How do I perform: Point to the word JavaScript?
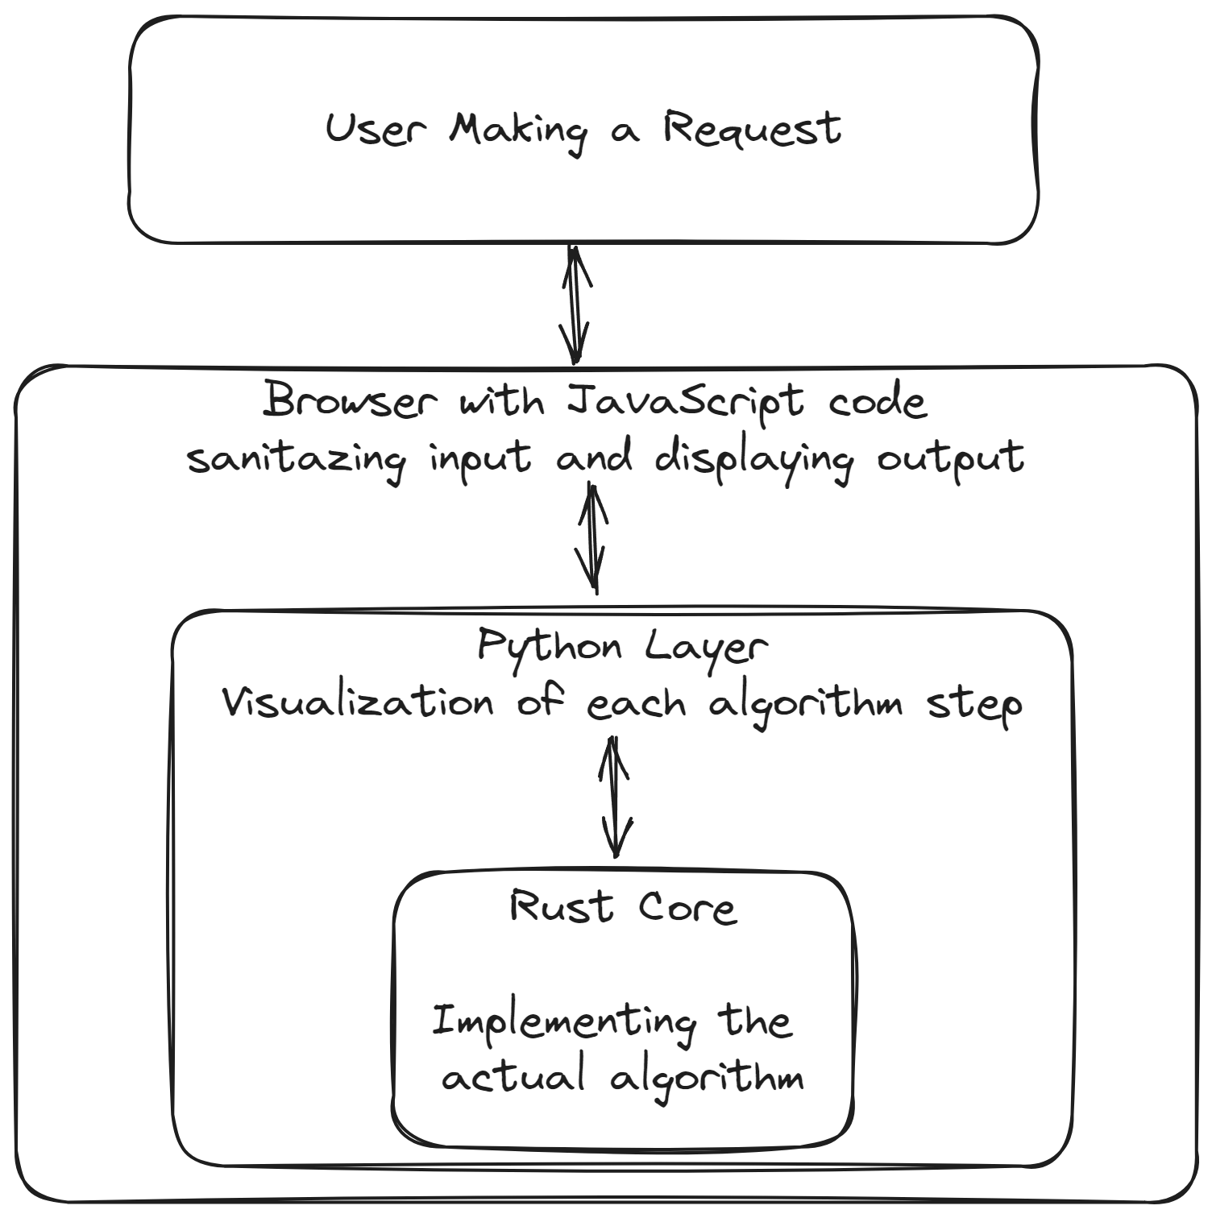[685, 400]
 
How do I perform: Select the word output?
[950, 459]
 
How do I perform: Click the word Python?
[550, 647]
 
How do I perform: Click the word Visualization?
[357, 703]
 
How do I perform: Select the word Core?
[687, 907]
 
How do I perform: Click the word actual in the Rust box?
[513, 1078]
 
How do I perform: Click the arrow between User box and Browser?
[575, 304]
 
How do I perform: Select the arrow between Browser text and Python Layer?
[594, 537]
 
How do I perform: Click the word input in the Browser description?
[480, 459]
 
